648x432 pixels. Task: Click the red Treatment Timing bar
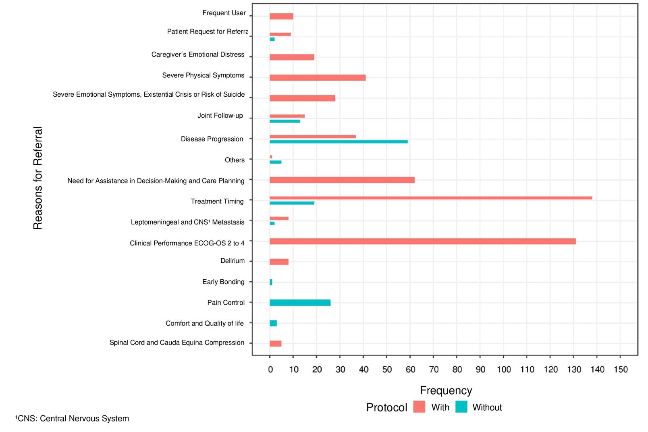430,198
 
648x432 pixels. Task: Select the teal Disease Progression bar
339,142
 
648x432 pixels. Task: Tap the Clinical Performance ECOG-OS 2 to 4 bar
422,241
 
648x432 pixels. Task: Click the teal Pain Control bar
300,303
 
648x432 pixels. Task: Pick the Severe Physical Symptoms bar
318,77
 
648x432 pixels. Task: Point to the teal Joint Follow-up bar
285,121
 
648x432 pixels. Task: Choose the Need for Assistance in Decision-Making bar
342,180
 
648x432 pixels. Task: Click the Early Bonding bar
271,282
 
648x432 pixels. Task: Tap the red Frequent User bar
281,17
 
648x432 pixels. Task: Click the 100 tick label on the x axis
503,370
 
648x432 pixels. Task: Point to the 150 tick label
621,370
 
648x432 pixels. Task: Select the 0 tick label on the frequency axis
270,370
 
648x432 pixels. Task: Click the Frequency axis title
446,390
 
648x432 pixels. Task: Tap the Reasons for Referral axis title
38,178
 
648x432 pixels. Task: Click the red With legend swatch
419,407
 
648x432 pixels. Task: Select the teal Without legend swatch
461,407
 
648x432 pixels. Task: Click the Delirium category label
233,261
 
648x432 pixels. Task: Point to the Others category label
235,160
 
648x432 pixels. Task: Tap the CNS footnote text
72,418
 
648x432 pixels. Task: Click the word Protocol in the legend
386,407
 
